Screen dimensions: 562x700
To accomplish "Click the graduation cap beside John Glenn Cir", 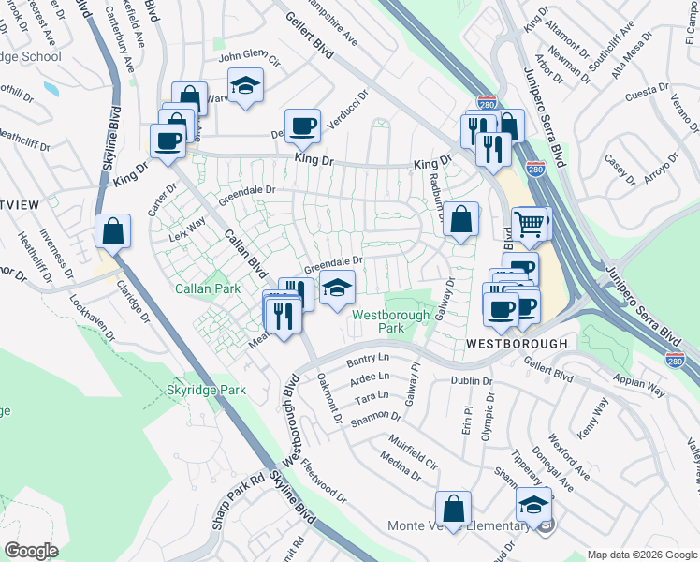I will (246, 85).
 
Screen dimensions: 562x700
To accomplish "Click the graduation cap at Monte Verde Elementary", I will (534, 504).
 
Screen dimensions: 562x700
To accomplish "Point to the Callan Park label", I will (202, 289).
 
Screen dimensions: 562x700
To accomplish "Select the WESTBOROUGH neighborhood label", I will (517, 344).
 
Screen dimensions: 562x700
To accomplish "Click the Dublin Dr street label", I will (470, 381).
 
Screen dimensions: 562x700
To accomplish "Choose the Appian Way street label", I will (639, 381).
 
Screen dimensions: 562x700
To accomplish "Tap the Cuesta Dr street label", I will (646, 93).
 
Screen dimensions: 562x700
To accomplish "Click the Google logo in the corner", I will (31, 551).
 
